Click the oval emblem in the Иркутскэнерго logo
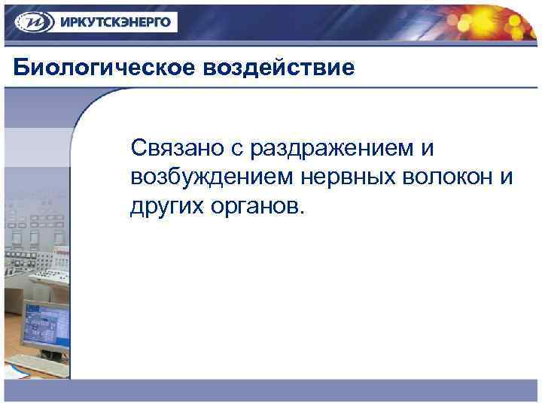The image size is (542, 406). [x=30, y=22]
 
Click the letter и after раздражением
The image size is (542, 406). [x=428, y=149]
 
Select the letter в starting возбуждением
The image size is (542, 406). [x=136, y=177]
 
